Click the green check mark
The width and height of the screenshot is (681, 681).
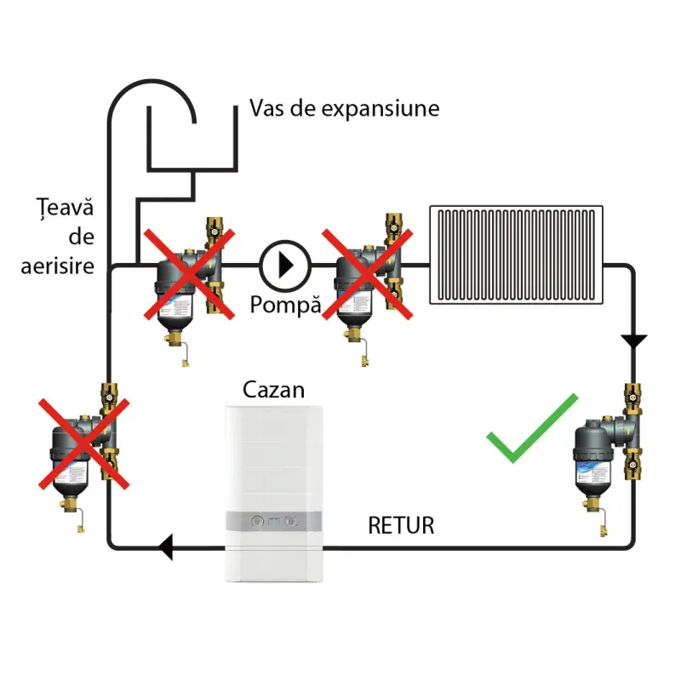click(529, 432)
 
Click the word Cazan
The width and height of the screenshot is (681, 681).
click(273, 390)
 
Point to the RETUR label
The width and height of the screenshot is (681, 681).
click(401, 525)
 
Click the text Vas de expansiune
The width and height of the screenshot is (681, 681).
click(344, 108)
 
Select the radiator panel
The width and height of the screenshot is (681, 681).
click(516, 254)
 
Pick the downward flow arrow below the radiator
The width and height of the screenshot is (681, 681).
click(633, 341)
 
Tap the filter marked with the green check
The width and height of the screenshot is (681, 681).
click(606, 455)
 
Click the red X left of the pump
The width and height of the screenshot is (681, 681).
click(188, 273)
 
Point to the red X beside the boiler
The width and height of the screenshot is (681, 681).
click(82, 443)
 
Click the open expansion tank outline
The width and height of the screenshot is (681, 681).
click(193, 140)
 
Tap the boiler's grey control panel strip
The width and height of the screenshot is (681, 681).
click(273, 523)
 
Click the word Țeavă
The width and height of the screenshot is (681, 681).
click(57, 207)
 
